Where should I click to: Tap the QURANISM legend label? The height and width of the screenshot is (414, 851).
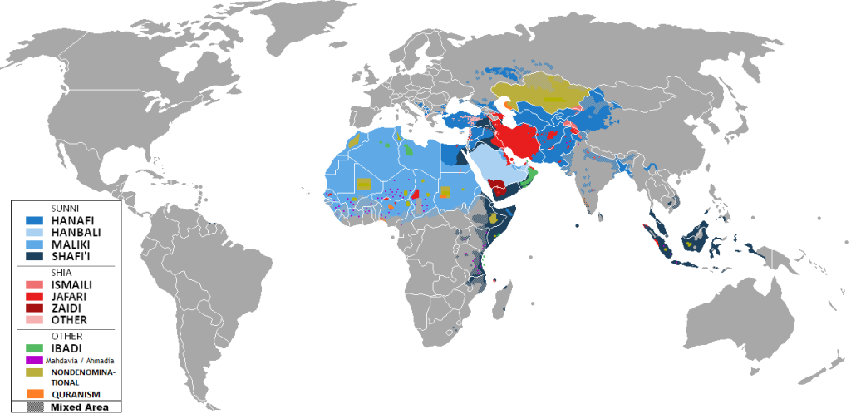coord(76,393)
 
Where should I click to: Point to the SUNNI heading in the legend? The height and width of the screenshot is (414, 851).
coord(63,208)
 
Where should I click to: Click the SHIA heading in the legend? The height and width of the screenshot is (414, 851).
coord(60,272)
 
